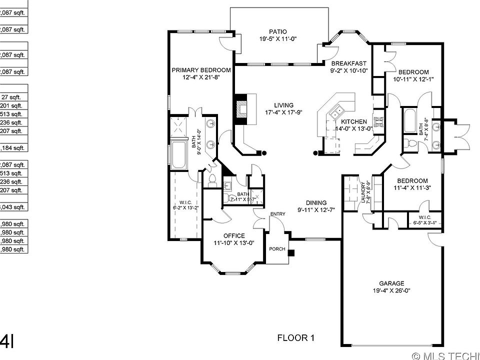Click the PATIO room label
click(x=278, y=30)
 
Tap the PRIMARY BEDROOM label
click(x=201, y=70)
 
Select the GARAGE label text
click(x=391, y=283)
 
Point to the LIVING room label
click(x=283, y=105)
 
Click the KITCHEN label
click(x=354, y=121)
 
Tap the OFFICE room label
click(x=234, y=236)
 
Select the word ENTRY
click(x=277, y=214)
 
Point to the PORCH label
click(x=276, y=249)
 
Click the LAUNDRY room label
click(x=362, y=192)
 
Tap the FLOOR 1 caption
click(x=296, y=338)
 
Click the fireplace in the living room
click(x=242, y=109)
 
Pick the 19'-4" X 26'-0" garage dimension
click(x=391, y=290)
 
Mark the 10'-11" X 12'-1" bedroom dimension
click(x=413, y=79)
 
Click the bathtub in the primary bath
click(x=178, y=155)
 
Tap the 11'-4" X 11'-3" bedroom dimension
click(x=412, y=188)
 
